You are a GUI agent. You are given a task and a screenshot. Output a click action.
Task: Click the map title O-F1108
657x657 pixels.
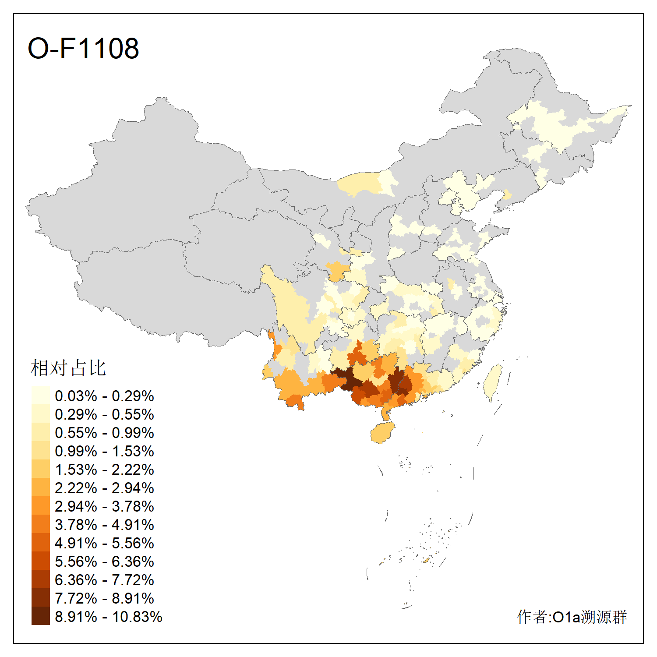tap(83, 48)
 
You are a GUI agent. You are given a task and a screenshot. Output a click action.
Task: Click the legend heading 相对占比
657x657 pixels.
tap(68, 368)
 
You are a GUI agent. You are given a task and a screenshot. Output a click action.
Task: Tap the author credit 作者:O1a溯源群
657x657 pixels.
tap(572, 617)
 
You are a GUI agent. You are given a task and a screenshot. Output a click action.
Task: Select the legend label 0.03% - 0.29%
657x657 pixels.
tap(104, 396)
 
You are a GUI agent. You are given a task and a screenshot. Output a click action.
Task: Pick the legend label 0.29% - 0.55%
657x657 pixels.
tap(104, 414)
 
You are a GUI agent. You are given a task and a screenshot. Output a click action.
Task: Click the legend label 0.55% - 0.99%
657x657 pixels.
tap(104, 433)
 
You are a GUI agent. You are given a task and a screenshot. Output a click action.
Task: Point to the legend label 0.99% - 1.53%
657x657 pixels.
tap(104, 451)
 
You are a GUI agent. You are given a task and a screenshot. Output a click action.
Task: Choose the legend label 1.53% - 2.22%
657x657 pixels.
tap(104, 470)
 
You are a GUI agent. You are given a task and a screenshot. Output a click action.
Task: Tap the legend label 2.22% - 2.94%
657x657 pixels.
tap(104, 488)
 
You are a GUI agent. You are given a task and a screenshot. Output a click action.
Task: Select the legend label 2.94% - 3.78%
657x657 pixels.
tap(104, 506)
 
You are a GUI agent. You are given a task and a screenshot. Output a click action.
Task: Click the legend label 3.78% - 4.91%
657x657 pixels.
tap(104, 525)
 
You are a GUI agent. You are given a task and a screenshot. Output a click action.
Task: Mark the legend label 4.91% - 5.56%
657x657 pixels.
tap(104, 543)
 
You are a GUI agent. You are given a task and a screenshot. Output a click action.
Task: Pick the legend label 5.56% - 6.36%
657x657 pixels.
tap(104, 562)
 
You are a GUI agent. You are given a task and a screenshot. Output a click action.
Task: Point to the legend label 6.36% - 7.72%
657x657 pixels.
tap(104, 580)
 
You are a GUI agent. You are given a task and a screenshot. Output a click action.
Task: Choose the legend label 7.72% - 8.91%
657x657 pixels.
tap(104, 598)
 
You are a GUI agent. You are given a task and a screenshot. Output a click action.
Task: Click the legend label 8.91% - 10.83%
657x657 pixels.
tap(108, 617)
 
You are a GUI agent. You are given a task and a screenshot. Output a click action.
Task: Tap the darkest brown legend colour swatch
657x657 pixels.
tap(40, 616)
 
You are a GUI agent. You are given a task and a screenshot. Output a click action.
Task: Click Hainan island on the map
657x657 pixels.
tap(382, 433)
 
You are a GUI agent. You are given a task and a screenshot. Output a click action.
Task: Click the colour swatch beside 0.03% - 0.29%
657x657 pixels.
tap(40, 395)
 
